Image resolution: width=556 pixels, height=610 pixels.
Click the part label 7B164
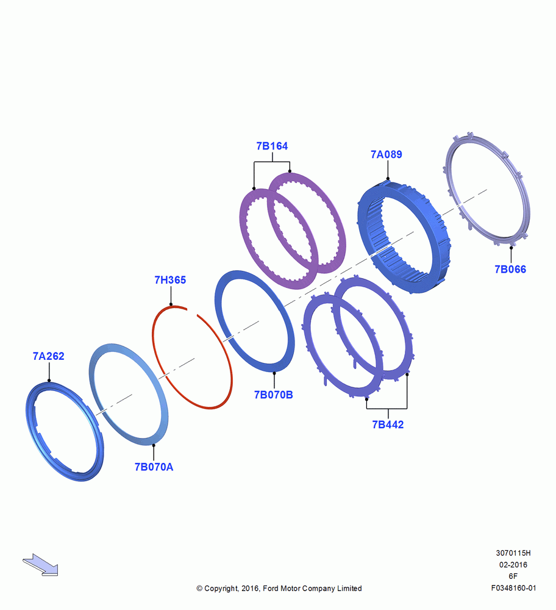[272, 146]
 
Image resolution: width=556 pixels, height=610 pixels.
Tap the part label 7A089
[386, 154]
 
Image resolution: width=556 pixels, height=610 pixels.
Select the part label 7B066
[510, 269]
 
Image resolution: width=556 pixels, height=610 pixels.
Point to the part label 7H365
[170, 280]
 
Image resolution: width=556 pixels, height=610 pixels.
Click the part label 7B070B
[273, 395]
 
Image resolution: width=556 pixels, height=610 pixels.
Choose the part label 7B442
[388, 425]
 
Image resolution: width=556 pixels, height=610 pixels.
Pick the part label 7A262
[49, 356]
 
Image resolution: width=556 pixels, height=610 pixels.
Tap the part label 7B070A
[154, 467]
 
